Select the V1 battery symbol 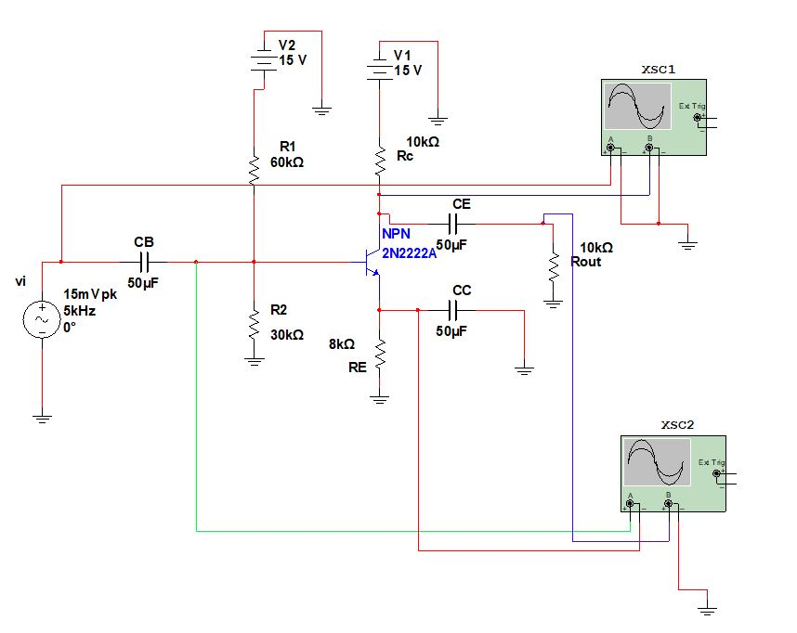tap(379, 68)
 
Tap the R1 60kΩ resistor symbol tap(253, 168)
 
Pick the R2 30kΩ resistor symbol tap(253, 325)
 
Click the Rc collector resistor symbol tap(379, 160)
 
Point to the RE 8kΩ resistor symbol tap(379, 354)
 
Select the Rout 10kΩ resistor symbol tap(553, 267)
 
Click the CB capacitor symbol tap(144, 262)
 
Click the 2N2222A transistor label tap(409, 252)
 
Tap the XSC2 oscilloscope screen tap(658, 462)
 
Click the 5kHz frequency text tap(80, 311)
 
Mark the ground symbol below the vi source tap(42, 418)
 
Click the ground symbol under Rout tap(553, 303)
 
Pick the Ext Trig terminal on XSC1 tap(699, 117)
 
